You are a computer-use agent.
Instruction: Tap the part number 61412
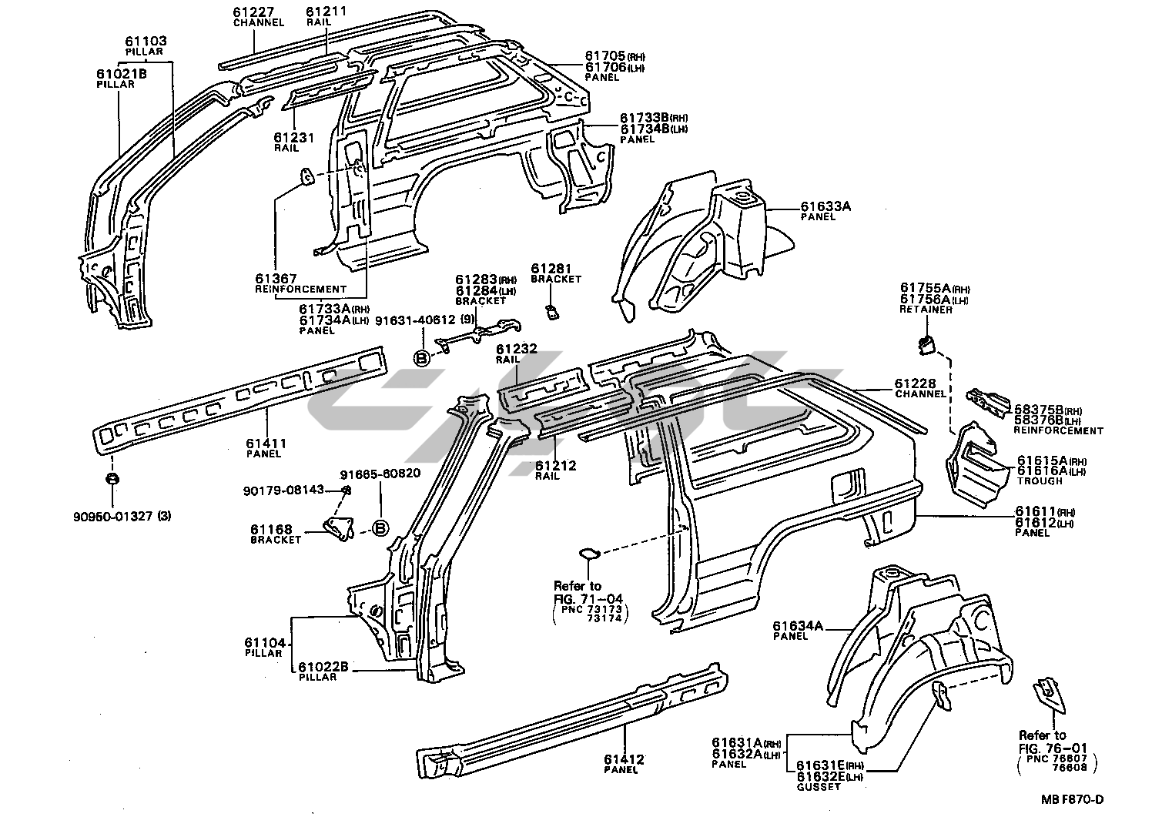[624, 759]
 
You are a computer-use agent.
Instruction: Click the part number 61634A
[798, 626]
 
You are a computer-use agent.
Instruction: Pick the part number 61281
[551, 268]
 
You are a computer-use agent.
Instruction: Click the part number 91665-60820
[380, 473]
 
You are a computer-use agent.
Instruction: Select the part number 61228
[915, 383]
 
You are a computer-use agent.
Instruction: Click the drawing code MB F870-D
[1072, 799]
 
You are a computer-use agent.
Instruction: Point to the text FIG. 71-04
[588, 598]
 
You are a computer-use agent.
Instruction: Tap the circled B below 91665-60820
[380, 527]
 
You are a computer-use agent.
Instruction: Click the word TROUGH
[1040, 481]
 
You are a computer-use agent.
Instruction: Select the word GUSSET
[818, 787]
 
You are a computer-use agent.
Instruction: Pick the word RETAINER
[926, 310]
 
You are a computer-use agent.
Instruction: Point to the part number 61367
[276, 278]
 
